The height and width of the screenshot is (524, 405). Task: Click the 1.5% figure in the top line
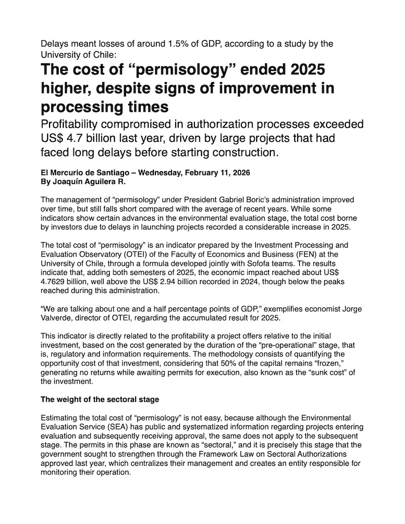(179, 44)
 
